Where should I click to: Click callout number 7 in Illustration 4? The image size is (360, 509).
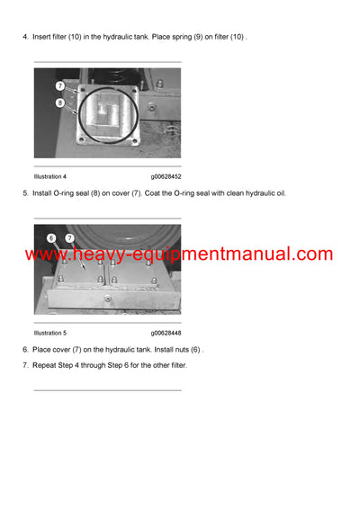coord(58,86)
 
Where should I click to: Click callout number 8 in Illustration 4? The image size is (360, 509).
coord(58,103)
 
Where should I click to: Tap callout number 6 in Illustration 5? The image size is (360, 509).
coord(51,237)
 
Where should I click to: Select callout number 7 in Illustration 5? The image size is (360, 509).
coord(69,237)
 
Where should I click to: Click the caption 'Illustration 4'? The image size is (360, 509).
coord(50,176)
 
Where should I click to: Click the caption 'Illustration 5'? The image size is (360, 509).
coord(50,333)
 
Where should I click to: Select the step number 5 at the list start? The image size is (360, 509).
coord(25,192)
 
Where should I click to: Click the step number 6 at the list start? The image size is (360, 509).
coord(25,349)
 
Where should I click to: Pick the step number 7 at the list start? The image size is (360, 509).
coord(25,364)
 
